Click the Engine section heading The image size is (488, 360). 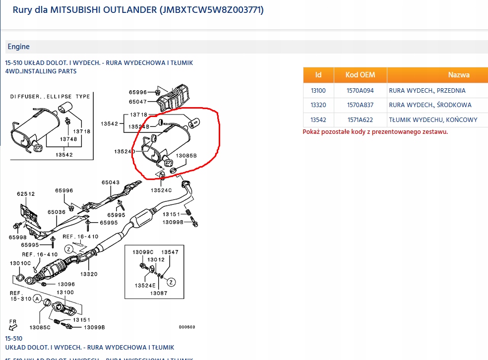(x=18, y=47)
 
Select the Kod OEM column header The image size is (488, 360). (x=361, y=75)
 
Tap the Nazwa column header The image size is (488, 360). (x=458, y=75)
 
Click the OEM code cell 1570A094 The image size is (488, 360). (x=361, y=91)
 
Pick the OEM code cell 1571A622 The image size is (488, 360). (x=361, y=120)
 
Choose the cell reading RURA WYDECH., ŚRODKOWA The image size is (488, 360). (x=430, y=105)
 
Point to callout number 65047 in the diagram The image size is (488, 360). (x=138, y=102)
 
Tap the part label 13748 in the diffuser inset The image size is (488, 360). (x=69, y=140)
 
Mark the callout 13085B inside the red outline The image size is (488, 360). (x=186, y=155)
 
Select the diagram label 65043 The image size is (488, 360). (x=111, y=182)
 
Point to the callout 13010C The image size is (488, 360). (x=20, y=263)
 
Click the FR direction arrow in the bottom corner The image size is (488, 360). (x=12, y=326)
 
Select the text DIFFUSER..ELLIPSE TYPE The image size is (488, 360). (x=50, y=97)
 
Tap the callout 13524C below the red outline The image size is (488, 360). (x=161, y=190)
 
